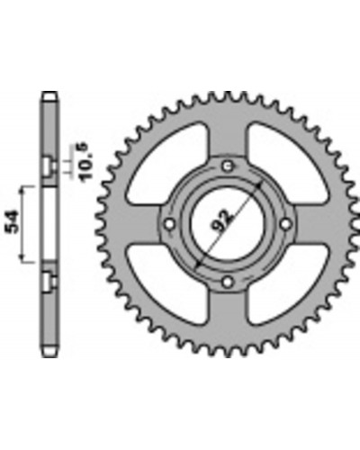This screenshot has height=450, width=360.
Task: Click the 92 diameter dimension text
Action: click(223, 220)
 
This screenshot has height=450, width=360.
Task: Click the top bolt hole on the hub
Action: click(228, 166)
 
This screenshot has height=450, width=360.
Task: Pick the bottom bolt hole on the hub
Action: click(228, 282)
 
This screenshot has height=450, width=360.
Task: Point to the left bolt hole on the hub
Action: click(170, 224)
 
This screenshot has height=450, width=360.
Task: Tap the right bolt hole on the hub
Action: click(286, 224)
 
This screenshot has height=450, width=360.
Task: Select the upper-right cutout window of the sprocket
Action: click(288, 163)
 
